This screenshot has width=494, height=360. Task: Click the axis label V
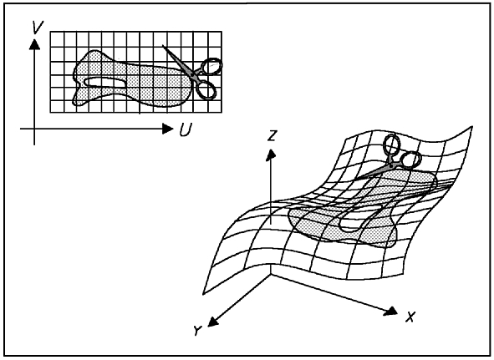38,27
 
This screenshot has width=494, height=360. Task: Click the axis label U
186,129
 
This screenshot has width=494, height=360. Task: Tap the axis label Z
272,136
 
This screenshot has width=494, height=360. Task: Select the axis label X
410,317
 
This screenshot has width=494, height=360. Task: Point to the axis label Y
197,331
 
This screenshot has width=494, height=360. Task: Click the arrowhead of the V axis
34,44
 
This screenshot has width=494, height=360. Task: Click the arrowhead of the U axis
167,129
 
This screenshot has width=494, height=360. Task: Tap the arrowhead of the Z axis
271,155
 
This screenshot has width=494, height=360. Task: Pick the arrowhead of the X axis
391,311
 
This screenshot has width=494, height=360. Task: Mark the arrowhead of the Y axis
212,322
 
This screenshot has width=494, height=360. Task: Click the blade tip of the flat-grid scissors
163,46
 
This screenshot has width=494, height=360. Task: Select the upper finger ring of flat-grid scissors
211,66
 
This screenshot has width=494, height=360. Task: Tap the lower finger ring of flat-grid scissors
206,89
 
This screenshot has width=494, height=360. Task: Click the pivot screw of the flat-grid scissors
192,74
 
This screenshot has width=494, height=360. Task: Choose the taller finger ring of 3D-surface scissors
392,145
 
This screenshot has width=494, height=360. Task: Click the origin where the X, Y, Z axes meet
271,274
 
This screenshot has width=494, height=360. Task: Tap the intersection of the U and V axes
34,129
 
